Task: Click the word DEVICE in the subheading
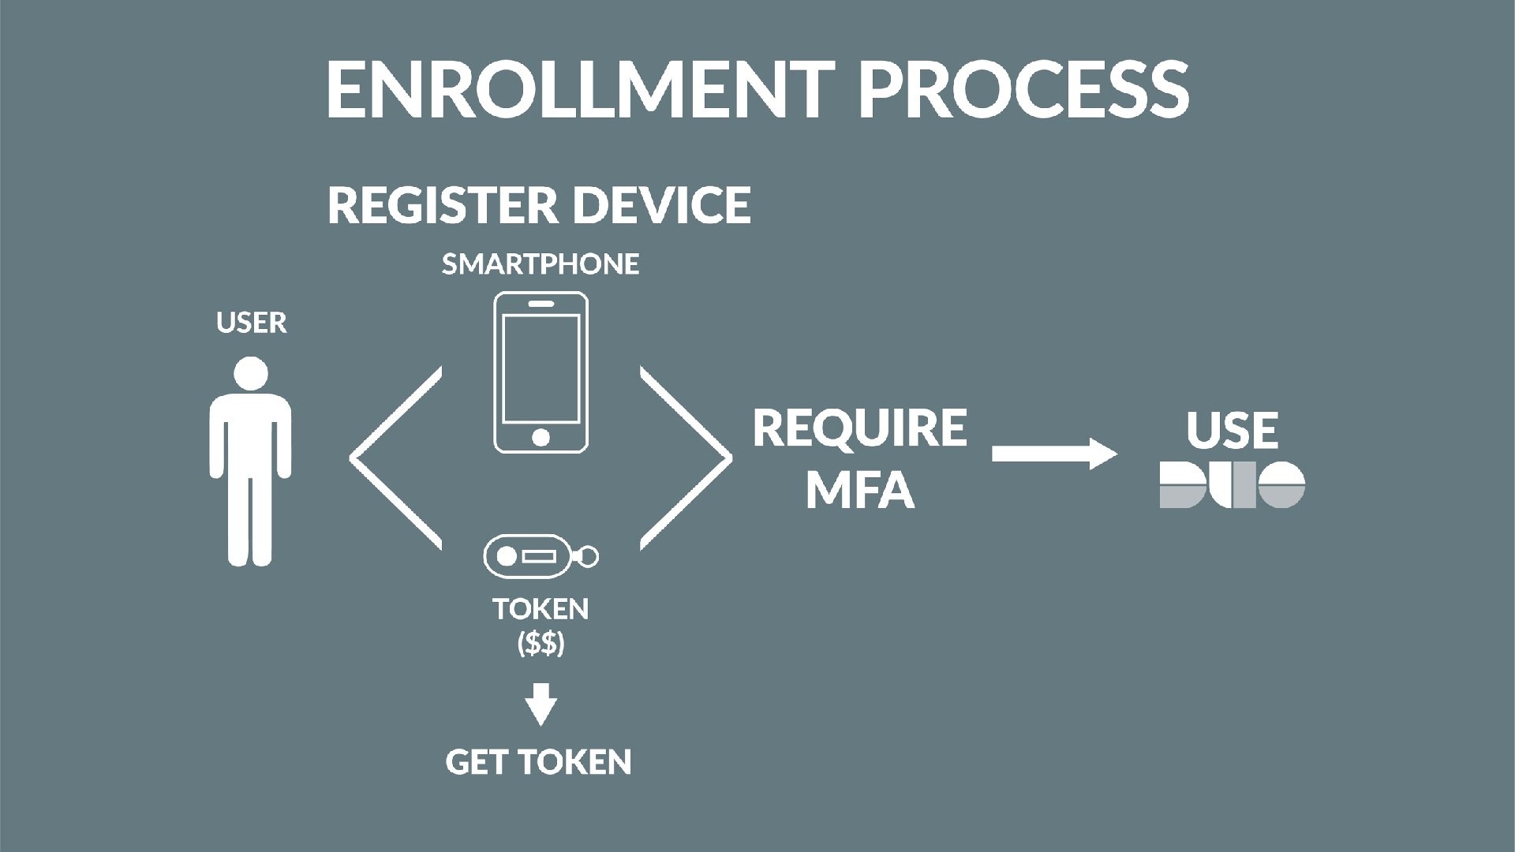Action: click(x=661, y=205)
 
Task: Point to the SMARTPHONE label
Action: click(x=541, y=264)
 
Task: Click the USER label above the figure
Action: click(x=251, y=323)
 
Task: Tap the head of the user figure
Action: click(x=251, y=373)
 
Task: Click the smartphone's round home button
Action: click(x=541, y=436)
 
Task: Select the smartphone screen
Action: click(x=541, y=368)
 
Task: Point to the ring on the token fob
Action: click(x=588, y=557)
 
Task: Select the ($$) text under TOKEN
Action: click(x=541, y=645)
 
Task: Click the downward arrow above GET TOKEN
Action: click(x=541, y=704)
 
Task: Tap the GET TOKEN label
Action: click(x=539, y=762)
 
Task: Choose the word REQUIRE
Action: click(x=860, y=428)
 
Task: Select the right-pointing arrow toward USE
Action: click(x=1054, y=454)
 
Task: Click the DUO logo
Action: click(x=1232, y=484)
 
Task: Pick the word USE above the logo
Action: click(x=1232, y=430)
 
